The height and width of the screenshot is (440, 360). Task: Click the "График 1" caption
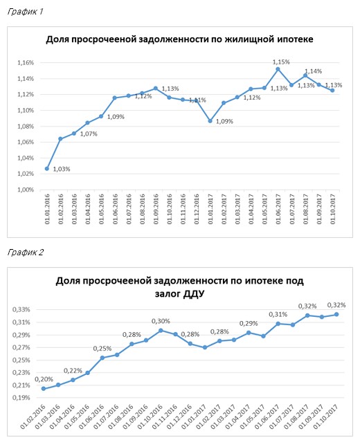click(25, 11)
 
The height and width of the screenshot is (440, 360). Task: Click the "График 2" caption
click(26, 252)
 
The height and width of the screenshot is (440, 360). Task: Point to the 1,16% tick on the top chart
click(26, 62)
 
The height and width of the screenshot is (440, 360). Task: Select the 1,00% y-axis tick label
click(26, 190)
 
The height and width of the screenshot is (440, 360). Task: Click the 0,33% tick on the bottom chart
click(21, 309)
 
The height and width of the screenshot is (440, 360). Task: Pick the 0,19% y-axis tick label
click(21, 398)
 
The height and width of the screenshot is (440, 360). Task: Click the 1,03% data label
click(62, 169)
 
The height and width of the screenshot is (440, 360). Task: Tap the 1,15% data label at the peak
click(281, 62)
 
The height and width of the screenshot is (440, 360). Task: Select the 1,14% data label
click(314, 71)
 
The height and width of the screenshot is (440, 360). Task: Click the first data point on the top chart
click(47, 169)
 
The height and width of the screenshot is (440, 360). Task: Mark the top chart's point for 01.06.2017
click(278, 69)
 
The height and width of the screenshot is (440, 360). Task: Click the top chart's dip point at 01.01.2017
click(210, 121)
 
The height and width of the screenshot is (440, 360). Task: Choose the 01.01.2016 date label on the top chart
click(47, 209)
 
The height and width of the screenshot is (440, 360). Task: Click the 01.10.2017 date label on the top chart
click(333, 209)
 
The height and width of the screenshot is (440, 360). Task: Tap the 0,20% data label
click(44, 379)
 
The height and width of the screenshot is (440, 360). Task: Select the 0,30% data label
click(161, 321)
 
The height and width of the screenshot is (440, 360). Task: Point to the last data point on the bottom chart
click(336, 315)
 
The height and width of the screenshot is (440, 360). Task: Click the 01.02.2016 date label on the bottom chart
click(33, 416)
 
